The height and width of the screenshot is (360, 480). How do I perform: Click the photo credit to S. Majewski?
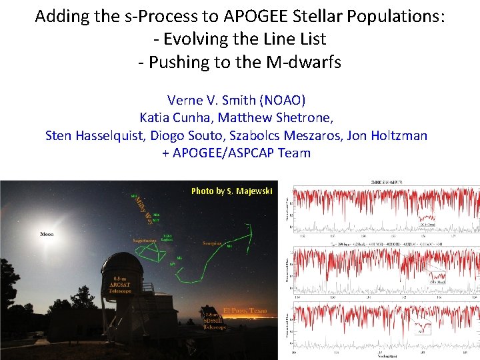click(x=231, y=191)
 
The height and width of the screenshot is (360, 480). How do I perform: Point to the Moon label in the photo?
click(x=47, y=235)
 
